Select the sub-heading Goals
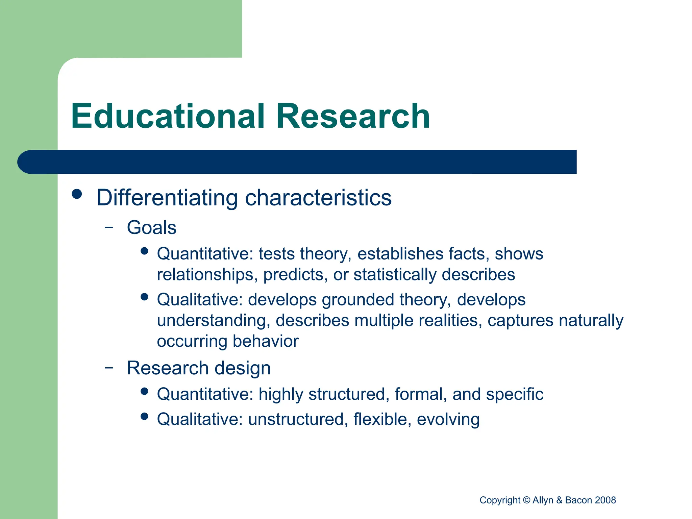point(151,227)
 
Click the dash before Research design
point(109,368)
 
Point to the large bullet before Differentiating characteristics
point(77,194)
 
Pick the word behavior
point(266,341)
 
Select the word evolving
point(448,419)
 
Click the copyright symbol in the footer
point(526,500)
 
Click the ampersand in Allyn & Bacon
point(559,500)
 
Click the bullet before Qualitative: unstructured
point(145,416)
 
